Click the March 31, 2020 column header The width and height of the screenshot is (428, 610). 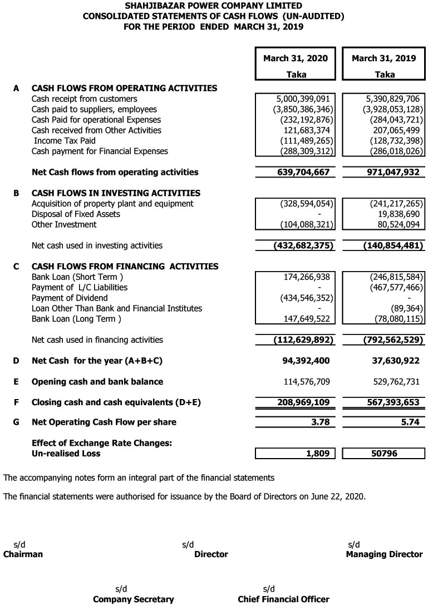pyautogui.click(x=296, y=58)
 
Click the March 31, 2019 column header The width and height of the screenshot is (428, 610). pyautogui.click(x=384, y=58)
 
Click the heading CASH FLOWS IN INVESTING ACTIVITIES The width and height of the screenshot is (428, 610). pyautogui.click(x=116, y=193)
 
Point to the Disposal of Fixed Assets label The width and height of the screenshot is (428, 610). pyautogui.click(x=76, y=214)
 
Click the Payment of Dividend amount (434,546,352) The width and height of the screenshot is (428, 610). pyautogui.click(x=301, y=298)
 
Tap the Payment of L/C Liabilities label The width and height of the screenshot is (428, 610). pyautogui.click(x=80, y=288)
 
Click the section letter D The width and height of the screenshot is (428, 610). pyautogui.click(x=16, y=361)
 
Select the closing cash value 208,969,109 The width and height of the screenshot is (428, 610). pyautogui.click(x=303, y=402)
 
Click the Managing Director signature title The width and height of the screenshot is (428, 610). pyautogui.click(x=384, y=554)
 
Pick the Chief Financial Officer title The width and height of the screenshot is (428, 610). pyautogui.click(x=283, y=599)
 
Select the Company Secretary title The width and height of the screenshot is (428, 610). pyautogui.click(x=133, y=599)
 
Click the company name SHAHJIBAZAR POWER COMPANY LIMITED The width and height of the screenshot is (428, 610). pyautogui.click(x=213, y=6)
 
